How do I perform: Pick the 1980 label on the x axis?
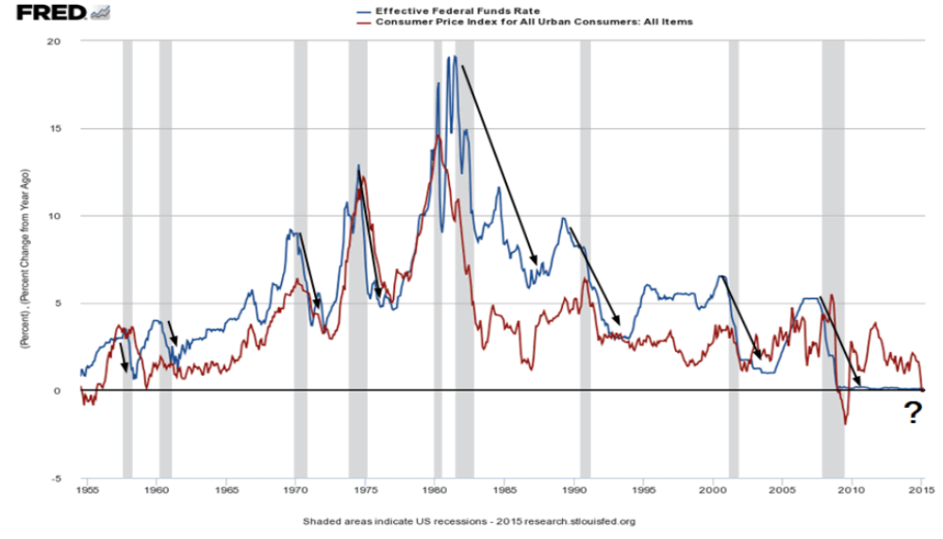[x=435, y=491]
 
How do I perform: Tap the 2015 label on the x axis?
[x=921, y=491]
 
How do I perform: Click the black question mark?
[x=912, y=413]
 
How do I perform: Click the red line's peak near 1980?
[x=438, y=137]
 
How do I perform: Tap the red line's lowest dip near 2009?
[x=845, y=424]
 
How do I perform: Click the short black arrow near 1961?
[x=173, y=333]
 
